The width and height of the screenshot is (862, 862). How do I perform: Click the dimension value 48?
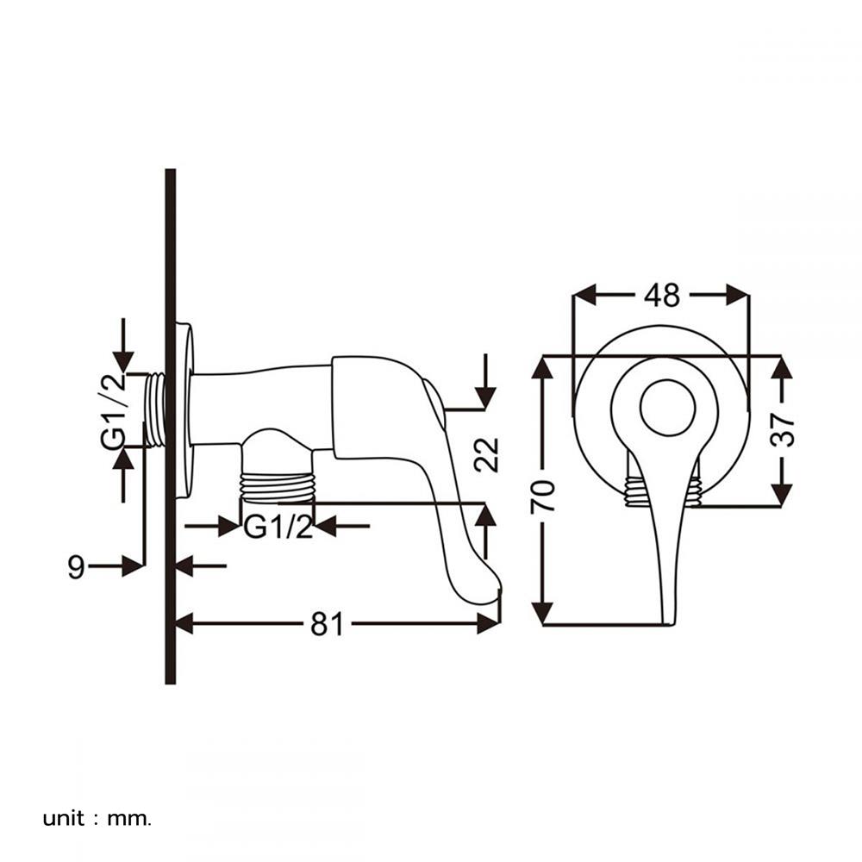pyautogui.click(x=661, y=295)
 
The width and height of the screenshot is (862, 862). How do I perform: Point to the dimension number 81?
pyautogui.click(x=327, y=623)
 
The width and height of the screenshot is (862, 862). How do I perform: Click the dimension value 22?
pyautogui.click(x=487, y=454)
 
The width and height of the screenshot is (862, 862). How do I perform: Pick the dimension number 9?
pyautogui.click(x=77, y=566)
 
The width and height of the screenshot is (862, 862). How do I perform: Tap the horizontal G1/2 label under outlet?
pyautogui.click(x=278, y=526)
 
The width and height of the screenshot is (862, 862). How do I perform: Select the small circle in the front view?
pyautogui.click(x=667, y=406)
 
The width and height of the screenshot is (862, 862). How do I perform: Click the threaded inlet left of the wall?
pyautogui.click(x=154, y=409)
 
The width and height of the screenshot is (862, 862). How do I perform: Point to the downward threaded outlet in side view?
pyautogui.click(x=278, y=486)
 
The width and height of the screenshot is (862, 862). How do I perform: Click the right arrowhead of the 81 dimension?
pyautogui.click(x=489, y=623)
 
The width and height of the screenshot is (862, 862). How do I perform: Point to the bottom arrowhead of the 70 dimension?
pyautogui.click(x=542, y=613)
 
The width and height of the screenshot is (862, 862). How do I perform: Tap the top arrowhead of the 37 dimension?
pyautogui.click(x=782, y=368)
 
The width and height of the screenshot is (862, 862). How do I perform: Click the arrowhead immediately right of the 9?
pyautogui.click(x=132, y=566)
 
